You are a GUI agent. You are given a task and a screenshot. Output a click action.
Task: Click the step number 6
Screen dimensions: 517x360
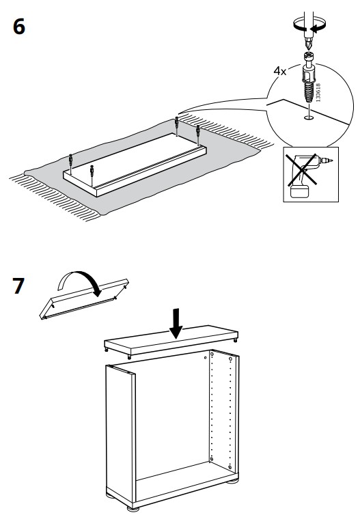click(20, 28)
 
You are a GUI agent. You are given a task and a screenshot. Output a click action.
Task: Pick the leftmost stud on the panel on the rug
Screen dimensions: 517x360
click(71, 162)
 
